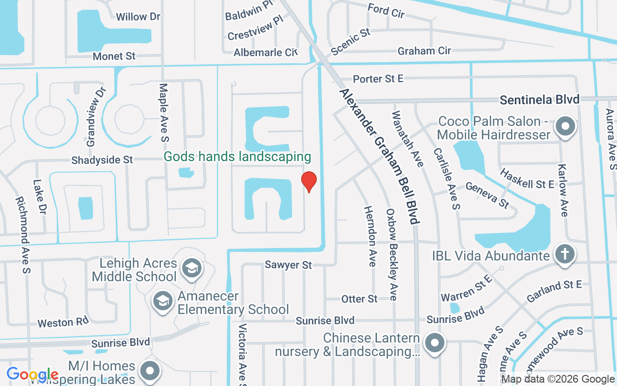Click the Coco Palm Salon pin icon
(x=565, y=127)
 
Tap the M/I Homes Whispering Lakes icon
(x=149, y=371)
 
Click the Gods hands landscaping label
(x=237, y=156)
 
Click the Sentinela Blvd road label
(x=539, y=100)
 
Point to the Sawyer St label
(x=288, y=265)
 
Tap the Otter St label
(x=360, y=299)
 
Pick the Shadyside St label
(x=102, y=160)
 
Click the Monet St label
(x=114, y=56)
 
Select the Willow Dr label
(x=138, y=17)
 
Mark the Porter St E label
(x=378, y=79)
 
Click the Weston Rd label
(x=63, y=322)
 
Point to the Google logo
(x=32, y=374)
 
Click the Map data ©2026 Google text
(x=558, y=379)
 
